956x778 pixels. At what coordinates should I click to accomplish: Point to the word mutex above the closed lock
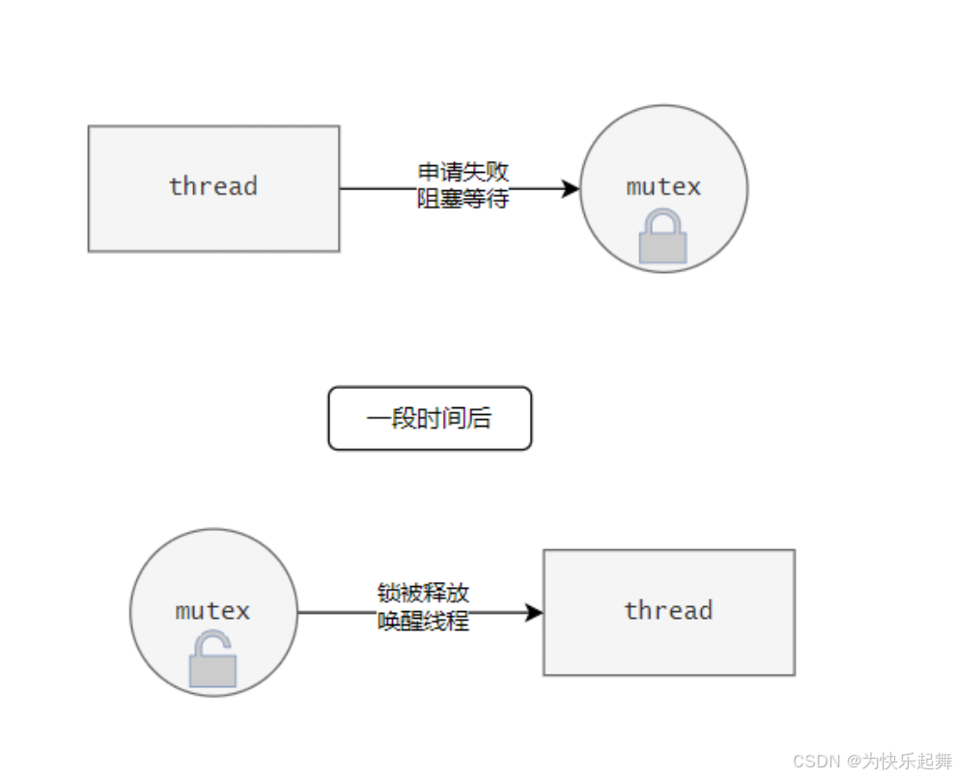663,186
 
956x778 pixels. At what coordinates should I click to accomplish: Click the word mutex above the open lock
212,610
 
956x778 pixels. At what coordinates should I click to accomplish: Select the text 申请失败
463,172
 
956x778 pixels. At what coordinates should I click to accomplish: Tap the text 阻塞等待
463,199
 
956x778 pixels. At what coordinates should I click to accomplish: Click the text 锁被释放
423,593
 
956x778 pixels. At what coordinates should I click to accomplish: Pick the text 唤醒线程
423,622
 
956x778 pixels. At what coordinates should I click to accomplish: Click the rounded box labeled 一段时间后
430,418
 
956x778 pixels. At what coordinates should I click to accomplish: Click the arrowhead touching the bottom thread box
533,612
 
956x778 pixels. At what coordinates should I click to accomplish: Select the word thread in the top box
213,185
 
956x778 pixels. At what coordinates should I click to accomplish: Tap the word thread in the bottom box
668,610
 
